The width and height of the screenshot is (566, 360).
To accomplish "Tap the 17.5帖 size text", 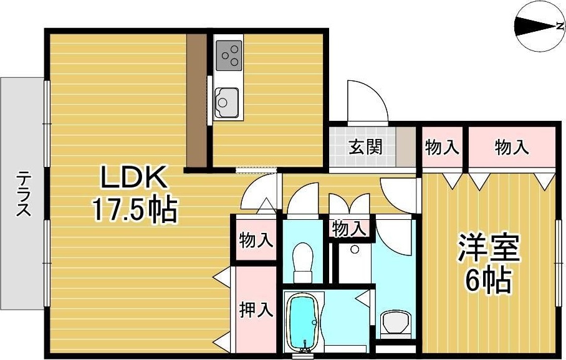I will pos(135,210).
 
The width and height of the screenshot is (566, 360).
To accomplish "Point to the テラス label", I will pos(24,192).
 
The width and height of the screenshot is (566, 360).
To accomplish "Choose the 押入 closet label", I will pos(256,310).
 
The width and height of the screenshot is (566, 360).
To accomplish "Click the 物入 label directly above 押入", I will pos(256,240).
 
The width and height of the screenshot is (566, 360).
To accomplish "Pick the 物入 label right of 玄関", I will pos(442,148).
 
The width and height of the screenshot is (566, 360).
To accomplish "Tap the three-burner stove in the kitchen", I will pos(229,54).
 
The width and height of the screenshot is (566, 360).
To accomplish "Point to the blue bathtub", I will pos(303,324).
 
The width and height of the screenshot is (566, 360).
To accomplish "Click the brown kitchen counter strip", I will pos(197,100).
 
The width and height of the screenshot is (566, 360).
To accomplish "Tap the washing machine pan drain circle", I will pos(355,249).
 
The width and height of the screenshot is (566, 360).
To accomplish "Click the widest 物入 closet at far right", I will pos(511,148).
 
